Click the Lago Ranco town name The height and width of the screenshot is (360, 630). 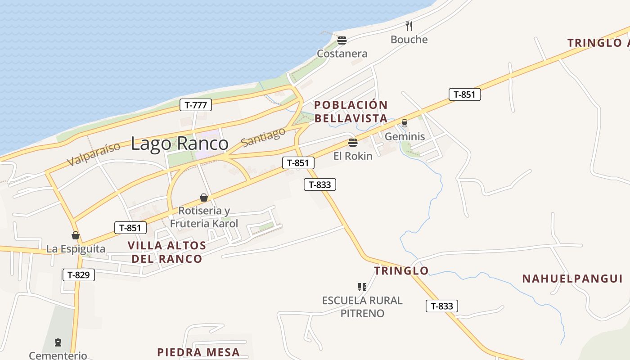[180, 144]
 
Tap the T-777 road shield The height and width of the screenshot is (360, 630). [196, 105]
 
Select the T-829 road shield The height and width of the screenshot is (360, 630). [79, 274]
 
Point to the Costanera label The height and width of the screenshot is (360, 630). [342, 54]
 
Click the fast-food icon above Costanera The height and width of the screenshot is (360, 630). [342, 40]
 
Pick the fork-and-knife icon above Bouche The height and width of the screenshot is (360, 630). [409, 26]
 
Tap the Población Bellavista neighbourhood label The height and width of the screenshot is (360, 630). [351, 112]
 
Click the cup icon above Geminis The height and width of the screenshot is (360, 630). [404, 123]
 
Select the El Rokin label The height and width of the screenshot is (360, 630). [353, 156]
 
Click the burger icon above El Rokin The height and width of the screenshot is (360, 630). [353, 143]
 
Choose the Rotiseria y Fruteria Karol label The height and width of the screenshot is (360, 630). [204, 217]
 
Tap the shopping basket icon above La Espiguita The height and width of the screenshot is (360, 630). [76, 235]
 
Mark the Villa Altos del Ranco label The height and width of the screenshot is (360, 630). [166, 252]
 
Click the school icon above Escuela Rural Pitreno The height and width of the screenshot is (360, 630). [362, 287]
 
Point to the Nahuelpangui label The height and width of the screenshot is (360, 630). [572, 279]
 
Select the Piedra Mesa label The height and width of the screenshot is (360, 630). [198, 352]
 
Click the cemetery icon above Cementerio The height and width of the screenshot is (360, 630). [58, 342]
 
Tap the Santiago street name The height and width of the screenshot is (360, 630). [263, 136]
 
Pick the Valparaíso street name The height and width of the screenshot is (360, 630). [94, 154]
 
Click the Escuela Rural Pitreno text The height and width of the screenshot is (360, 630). [362, 306]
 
